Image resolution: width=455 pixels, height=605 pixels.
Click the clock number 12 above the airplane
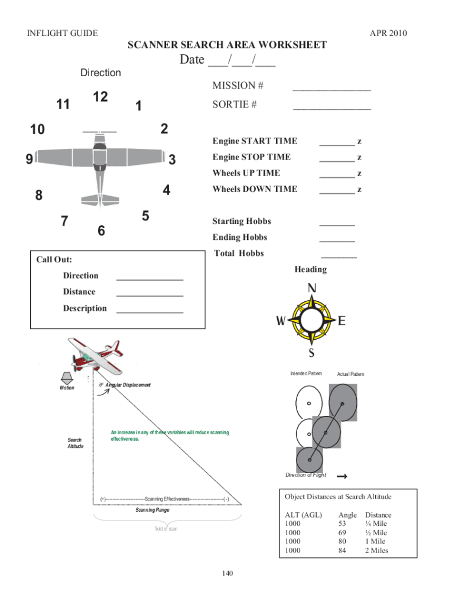100,97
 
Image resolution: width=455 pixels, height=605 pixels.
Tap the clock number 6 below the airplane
101,231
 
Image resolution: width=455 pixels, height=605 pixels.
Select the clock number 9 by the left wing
29,159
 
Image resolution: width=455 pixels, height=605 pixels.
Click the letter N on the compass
311,288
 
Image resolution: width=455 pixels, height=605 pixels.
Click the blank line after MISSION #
331,90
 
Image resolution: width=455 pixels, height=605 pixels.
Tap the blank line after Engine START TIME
337,144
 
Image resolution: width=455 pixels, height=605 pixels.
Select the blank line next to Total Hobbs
339,257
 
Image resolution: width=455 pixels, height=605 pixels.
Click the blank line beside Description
149,311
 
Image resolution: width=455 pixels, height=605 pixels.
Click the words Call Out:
54,259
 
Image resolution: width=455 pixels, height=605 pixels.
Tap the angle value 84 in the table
342,551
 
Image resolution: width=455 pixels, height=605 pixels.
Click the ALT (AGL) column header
303,515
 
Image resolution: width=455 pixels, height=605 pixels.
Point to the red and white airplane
94,354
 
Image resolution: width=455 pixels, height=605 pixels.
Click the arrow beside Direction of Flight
341,476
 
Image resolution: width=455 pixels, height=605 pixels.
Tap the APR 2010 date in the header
388,33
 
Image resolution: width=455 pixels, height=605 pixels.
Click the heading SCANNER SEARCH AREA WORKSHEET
227,45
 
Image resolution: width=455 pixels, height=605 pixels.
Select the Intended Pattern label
306,374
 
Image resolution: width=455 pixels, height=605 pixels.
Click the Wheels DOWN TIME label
255,189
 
